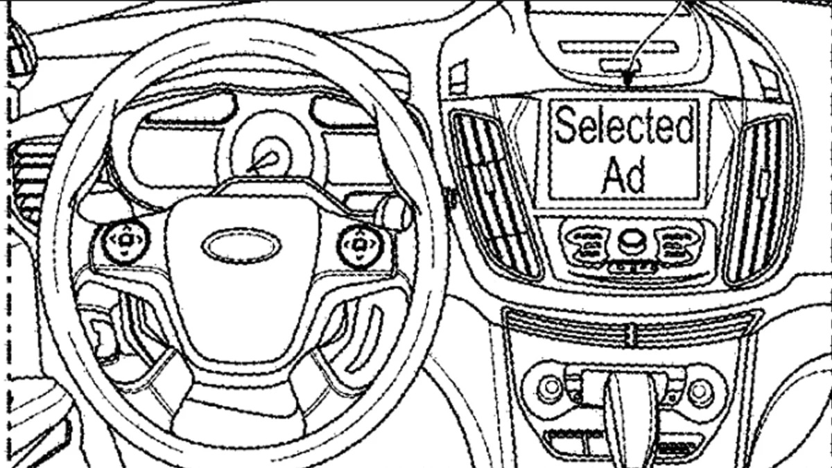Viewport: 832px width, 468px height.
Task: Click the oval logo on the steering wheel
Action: (241, 246)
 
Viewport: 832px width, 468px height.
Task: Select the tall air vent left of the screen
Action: (495, 194)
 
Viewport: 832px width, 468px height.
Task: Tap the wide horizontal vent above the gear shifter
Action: (631, 327)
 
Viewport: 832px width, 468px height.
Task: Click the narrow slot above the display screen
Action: (617, 47)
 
